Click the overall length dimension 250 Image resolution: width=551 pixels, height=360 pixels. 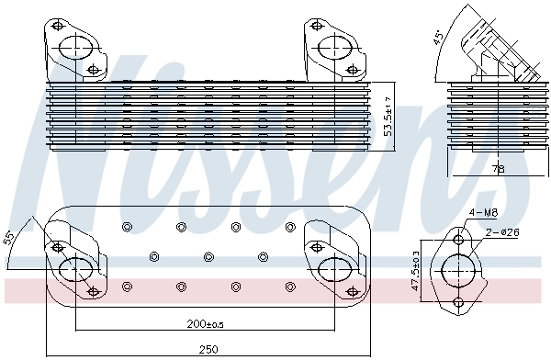208,349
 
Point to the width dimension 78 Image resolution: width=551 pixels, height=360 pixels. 497,168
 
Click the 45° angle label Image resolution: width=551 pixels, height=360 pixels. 440,39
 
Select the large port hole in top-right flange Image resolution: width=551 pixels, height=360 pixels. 332,48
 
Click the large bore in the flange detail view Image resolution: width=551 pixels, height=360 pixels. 459,272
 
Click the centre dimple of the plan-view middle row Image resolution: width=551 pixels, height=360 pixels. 208,257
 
